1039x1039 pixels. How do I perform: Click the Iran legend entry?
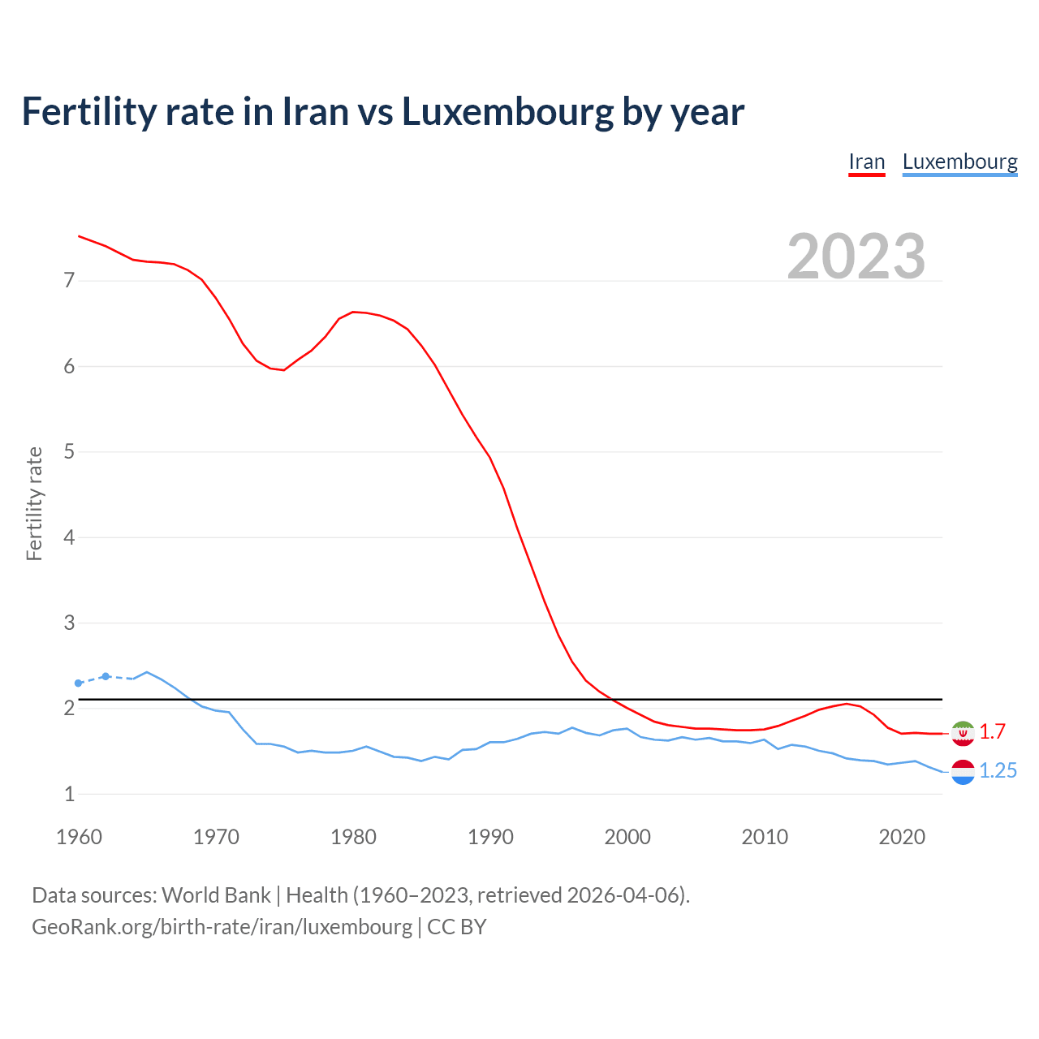(x=866, y=162)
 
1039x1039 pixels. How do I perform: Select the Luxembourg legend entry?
(x=959, y=162)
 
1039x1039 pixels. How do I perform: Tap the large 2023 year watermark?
(x=856, y=257)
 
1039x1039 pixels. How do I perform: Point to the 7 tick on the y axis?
(x=69, y=281)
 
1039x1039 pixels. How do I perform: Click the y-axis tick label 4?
(x=69, y=537)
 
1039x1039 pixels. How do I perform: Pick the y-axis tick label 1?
(x=69, y=794)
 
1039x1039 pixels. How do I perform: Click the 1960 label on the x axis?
(x=79, y=837)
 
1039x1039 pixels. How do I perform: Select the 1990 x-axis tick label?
(x=490, y=837)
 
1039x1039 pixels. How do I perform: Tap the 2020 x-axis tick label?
(x=902, y=837)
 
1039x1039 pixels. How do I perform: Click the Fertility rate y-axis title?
(x=34, y=503)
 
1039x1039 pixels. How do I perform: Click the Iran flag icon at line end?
(x=963, y=733)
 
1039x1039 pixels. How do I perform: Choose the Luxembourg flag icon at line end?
(x=963, y=772)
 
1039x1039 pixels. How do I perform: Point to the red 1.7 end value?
(x=992, y=732)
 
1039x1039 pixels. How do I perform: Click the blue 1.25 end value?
(x=998, y=771)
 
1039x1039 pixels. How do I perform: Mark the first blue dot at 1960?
(x=79, y=683)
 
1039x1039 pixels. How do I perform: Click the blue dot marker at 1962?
(x=106, y=676)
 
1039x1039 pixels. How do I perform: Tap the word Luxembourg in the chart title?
(x=507, y=112)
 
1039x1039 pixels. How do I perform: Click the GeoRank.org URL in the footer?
(x=222, y=927)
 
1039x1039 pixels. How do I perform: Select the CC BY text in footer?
(x=457, y=927)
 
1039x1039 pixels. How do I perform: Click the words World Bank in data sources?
(x=216, y=895)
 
